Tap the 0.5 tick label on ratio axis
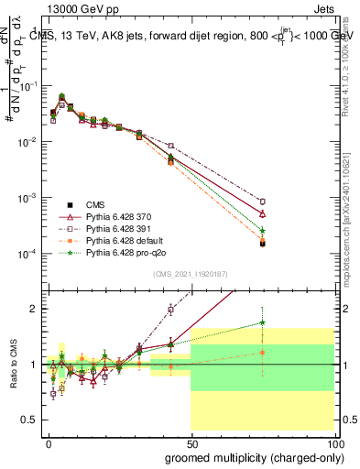[29, 420]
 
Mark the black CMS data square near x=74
[262, 244]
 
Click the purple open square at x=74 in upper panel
[262, 202]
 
